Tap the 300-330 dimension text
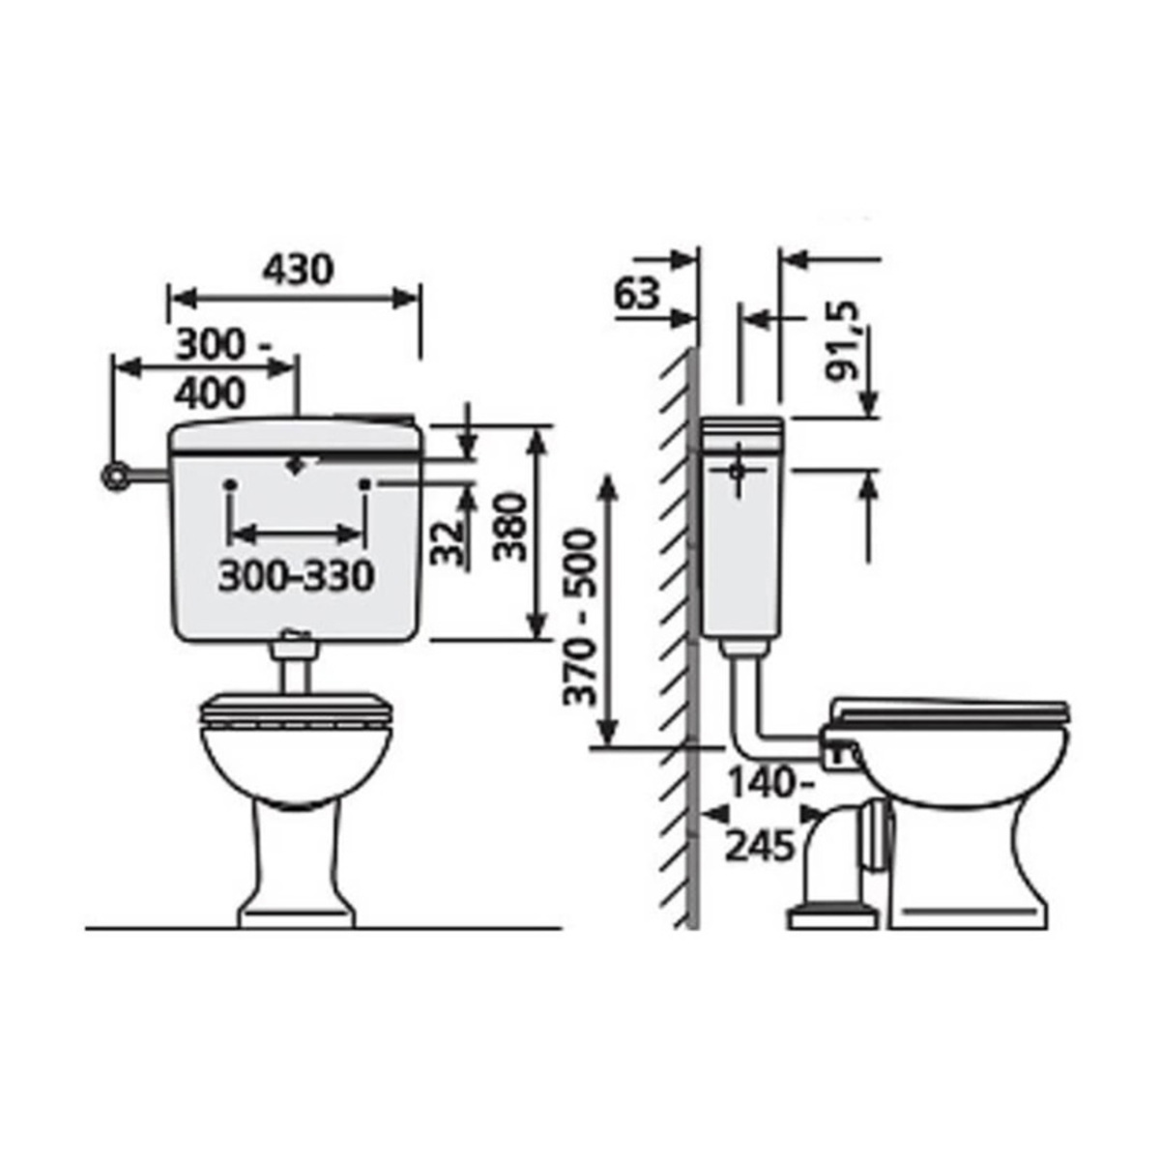point(296,576)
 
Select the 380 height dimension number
point(510,526)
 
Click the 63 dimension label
point(637,295)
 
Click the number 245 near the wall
point(761,846)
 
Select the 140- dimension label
point(771,783)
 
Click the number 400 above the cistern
point(210,393)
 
